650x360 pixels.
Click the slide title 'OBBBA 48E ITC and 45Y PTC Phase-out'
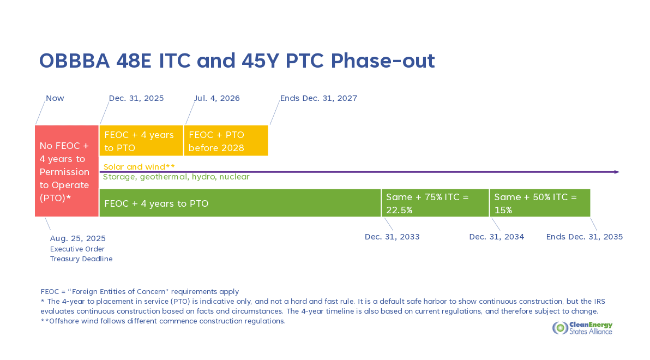tap(237, 61)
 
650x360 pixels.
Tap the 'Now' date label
tap(55, 98)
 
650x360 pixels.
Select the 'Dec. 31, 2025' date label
tap(136, 98)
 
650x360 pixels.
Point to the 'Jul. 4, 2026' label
tap(217, 98)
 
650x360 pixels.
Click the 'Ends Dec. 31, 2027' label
tap(318, 98)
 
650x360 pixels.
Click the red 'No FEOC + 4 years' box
tap(67, 171)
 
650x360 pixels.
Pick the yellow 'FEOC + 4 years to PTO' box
tap(141, 141)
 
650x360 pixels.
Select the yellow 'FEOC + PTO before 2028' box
tap(226, 141)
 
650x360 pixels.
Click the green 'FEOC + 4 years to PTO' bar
tap(240, 203)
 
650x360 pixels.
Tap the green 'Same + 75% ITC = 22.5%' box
tap(435, 203)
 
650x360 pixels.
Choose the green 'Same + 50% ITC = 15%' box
tap(540, 203)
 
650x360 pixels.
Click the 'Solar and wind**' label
tap(139, 167)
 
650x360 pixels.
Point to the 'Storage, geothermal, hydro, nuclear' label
tap(176, 177)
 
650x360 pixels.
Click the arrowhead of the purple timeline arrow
tap(617, 172)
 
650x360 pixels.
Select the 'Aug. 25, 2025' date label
tap(78, 238)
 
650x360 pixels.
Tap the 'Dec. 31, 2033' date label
tap(392, 237)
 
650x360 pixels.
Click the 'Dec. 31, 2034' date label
tap(497, 237)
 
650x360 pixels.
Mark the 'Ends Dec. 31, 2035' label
tap(585, 237)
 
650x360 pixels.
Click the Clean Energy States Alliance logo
tap(582, 328)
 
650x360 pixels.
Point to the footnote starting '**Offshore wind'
tap(163, 321)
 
